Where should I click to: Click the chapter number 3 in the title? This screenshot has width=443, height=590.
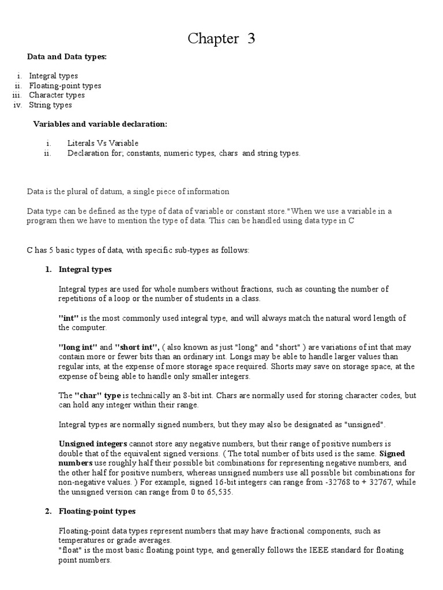pos(250,39)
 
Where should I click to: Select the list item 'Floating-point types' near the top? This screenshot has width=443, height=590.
pos(65,85)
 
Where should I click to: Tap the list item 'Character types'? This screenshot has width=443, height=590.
pos(57,95)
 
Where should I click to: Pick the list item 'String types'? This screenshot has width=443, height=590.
pos(51,105)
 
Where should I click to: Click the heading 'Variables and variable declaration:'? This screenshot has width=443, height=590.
pos(100,124)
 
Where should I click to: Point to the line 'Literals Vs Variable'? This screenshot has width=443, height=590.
pos(103,143)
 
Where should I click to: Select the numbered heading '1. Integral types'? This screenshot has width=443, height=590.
pos(85,269)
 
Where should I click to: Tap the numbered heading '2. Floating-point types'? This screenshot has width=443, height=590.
pos(96,511)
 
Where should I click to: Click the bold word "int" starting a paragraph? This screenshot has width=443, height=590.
pos(69,318)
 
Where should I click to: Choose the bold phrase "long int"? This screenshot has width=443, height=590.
pos(77,347)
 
